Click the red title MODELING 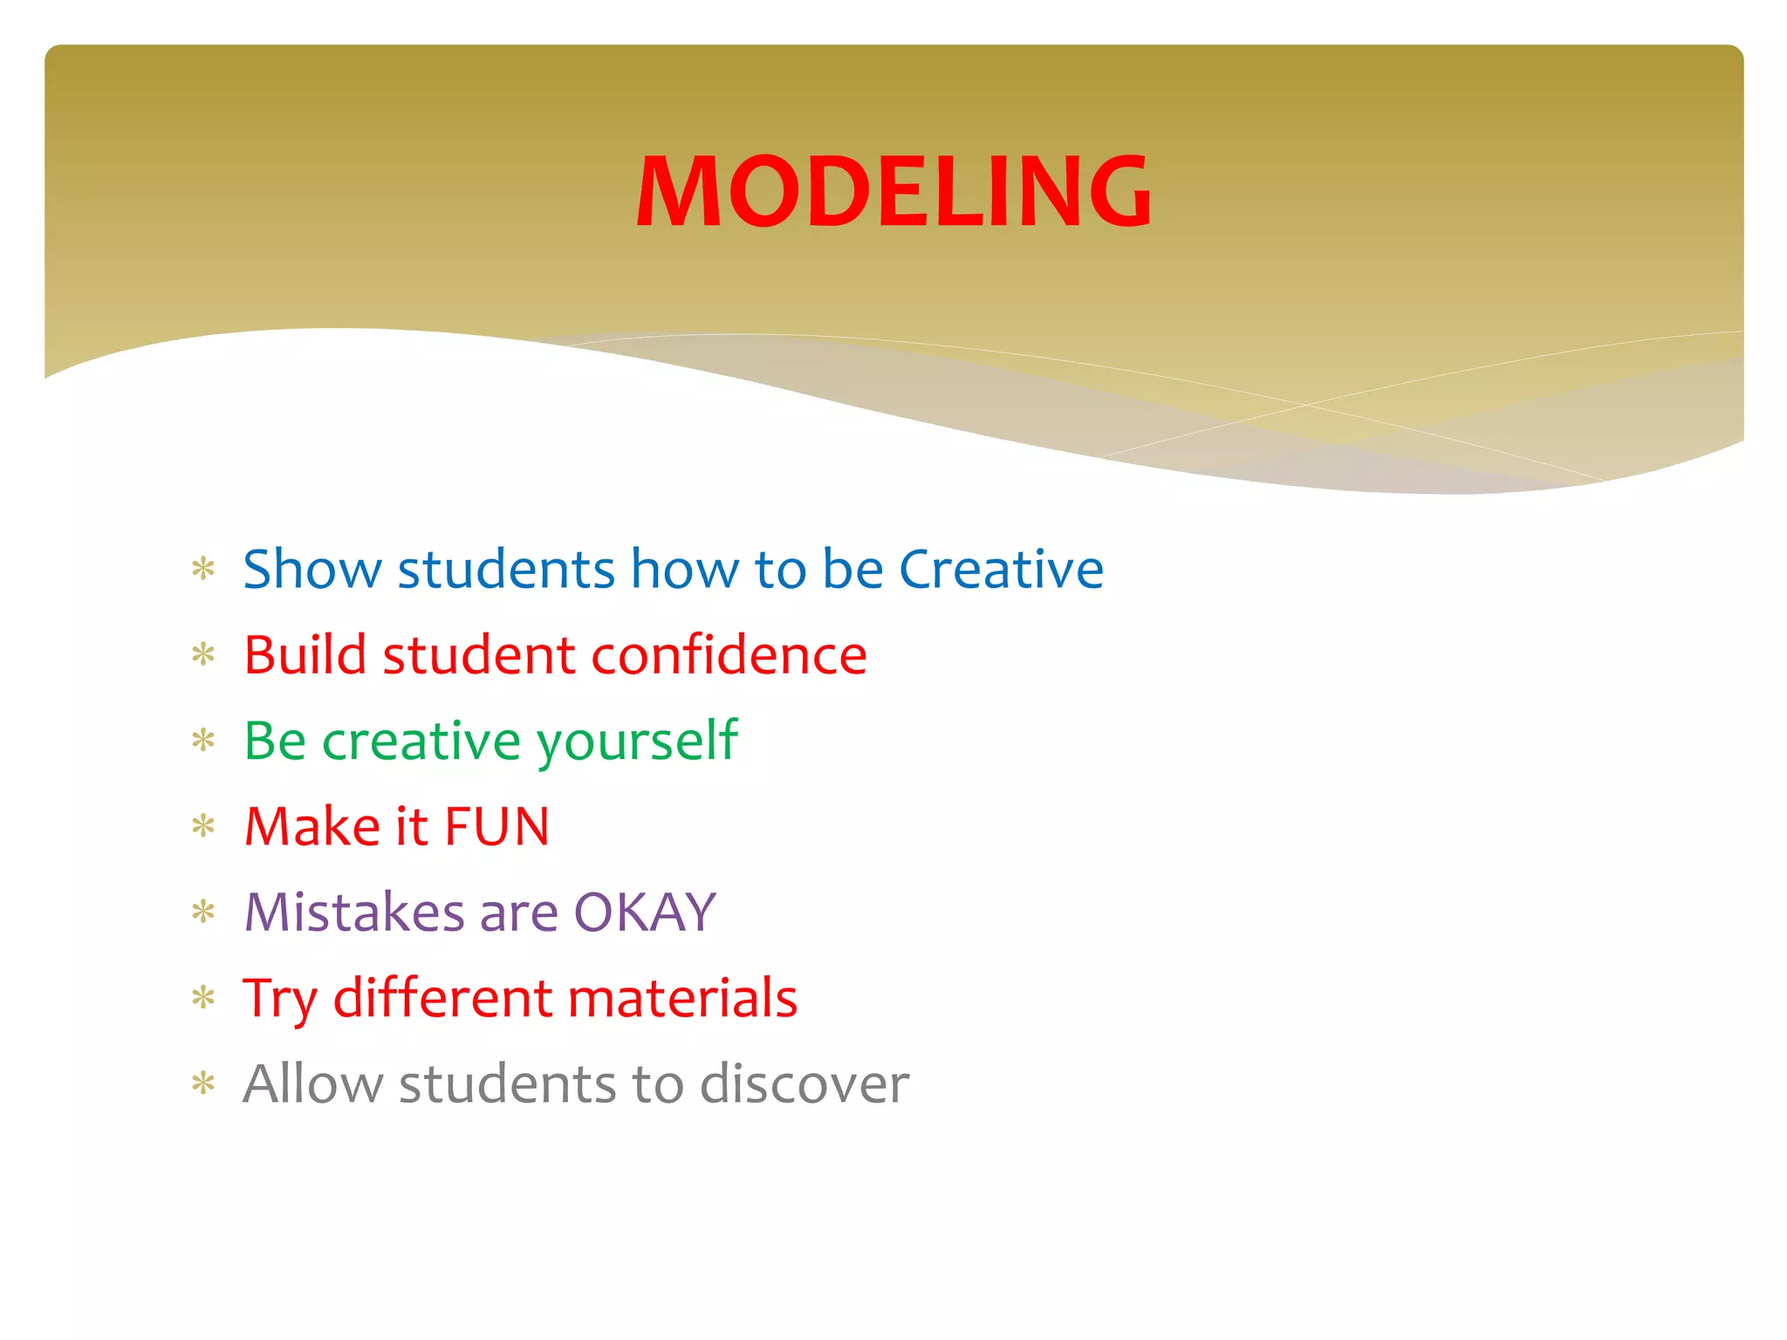point(893,191)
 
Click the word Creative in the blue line point(1001,570)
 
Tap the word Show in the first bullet point(312,570)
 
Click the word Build point(305,655)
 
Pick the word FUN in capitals point(496,826)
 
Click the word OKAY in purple point(645,913)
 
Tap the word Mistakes point(354,913)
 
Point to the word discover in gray point(804,1084)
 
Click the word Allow point(312,1084)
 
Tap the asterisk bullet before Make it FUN point(203,826)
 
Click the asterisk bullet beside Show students point(203,570)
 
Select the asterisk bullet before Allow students point(203,1084)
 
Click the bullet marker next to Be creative point(203,742)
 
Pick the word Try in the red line point(279,1000)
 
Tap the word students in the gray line point(507,1084)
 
